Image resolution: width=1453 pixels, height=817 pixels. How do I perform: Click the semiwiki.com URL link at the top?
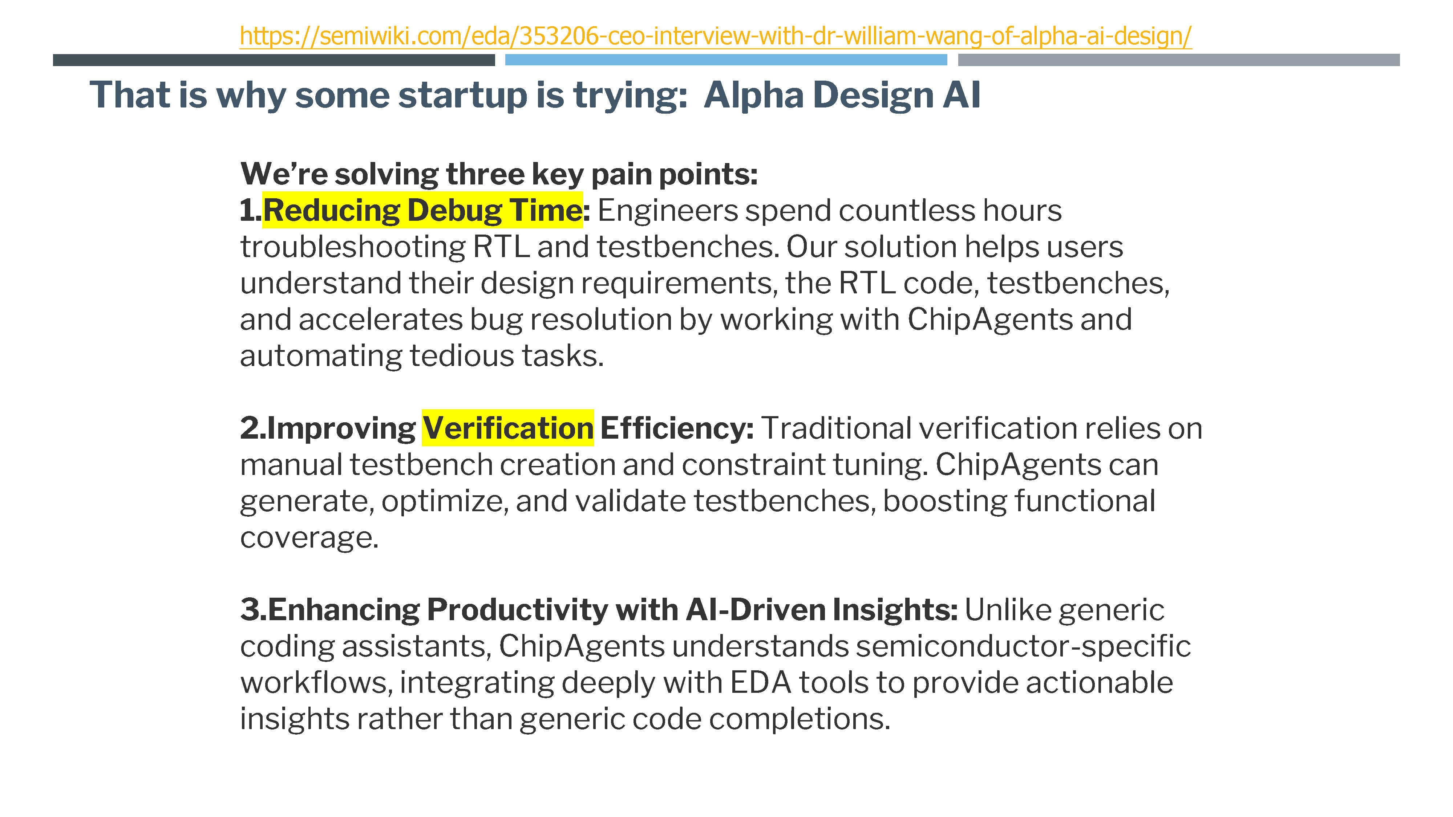715,36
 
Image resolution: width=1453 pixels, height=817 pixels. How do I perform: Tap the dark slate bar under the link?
274,60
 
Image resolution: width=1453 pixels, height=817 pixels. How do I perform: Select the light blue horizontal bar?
726,60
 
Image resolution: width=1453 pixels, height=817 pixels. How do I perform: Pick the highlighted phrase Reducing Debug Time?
422,210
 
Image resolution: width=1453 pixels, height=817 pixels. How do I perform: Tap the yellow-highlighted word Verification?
508,428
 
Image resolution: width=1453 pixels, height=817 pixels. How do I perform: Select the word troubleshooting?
353,247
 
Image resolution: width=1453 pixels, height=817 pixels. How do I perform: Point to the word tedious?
462,356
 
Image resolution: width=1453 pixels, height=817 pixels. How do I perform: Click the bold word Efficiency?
677,428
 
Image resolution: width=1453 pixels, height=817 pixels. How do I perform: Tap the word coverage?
309,538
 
